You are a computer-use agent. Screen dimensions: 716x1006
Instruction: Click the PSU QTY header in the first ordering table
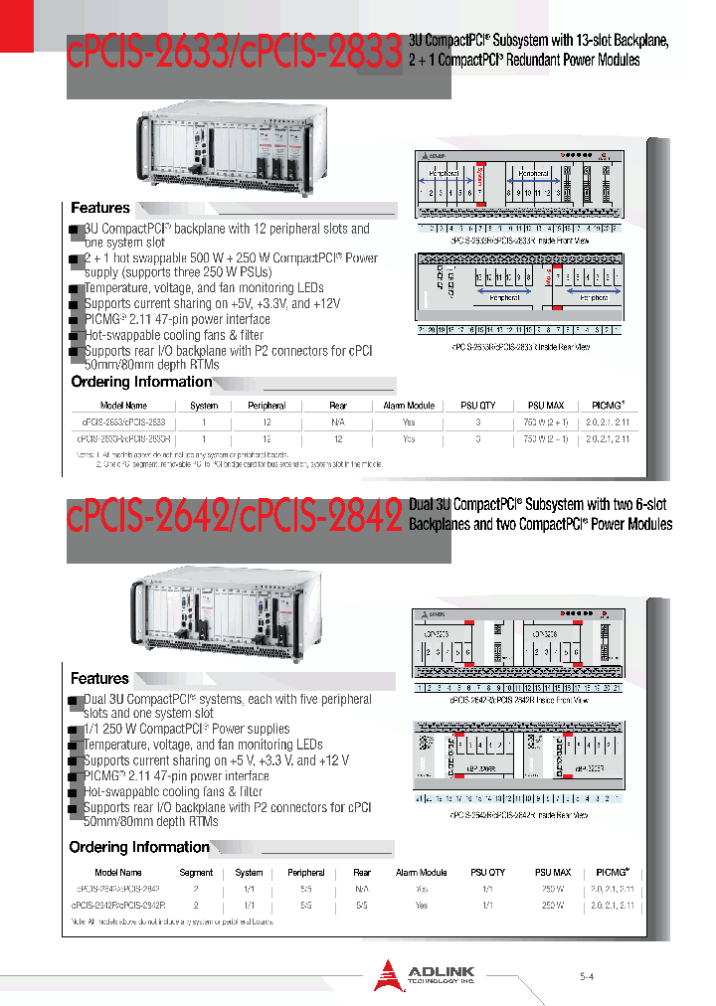pos(477,406)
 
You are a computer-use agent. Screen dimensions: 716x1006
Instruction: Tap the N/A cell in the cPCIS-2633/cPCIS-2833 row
pos(338,422)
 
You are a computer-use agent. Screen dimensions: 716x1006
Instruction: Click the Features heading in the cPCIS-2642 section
pos(99,678)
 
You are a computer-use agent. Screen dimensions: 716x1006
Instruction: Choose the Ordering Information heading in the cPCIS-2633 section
pos(141,382)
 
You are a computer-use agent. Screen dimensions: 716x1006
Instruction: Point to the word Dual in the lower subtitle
pos(424,505)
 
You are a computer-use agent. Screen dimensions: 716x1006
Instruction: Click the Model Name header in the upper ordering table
pos(123,406)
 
